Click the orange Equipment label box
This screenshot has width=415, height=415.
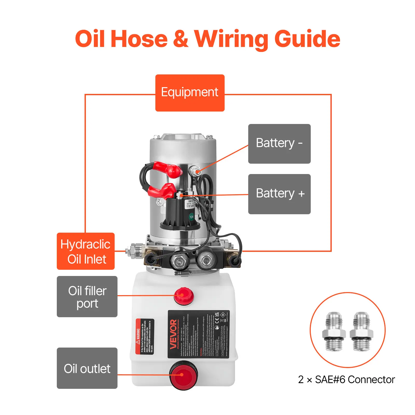[x=190, y=93]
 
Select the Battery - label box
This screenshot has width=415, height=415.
[x=279, y=144]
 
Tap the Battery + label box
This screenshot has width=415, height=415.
[x=279, y=194]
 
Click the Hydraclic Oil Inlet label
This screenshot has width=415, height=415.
[x=86, y=251]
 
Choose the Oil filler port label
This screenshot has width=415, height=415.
[x=87, y=296]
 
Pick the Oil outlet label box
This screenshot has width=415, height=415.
[x=87, y=368]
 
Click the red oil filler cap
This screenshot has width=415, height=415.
[x=184, y=296]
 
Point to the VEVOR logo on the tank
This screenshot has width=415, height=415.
[x=173, y=334]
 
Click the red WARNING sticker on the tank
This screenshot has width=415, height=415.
[x=144, y=336]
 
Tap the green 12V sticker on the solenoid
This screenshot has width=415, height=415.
[x=191, y=217]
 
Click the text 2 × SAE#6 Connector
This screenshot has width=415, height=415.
[x=346, y=379]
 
